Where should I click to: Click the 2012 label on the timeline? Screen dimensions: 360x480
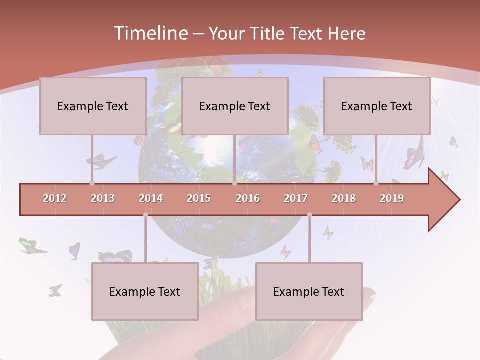point(55,198)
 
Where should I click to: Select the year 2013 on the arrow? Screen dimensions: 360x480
point(103,198)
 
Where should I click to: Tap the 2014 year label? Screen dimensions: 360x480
point(151,198)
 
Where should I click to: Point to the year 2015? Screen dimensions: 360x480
point(199,198)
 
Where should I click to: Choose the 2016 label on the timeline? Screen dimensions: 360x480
point(248,198)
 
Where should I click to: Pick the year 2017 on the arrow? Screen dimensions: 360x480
point(296,198)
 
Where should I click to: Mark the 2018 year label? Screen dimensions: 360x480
point(344,198)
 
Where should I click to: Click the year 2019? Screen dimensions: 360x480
point(392,198)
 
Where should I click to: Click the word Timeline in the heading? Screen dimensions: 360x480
point(150,33)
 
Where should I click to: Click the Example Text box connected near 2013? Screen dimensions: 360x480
point(93,106)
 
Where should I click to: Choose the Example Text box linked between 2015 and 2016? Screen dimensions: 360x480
point(235,106)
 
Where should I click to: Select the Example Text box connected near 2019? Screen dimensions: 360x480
point(377,106)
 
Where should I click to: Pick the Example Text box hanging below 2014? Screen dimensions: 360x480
point(145,291)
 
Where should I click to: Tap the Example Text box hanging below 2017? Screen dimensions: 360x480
point(309,291)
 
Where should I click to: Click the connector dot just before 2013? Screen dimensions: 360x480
point(92,183)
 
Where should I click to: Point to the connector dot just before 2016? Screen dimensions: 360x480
point(234,183)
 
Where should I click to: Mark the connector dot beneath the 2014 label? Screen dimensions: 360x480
point(145,215)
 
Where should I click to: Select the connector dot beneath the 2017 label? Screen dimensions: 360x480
point(309,215)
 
